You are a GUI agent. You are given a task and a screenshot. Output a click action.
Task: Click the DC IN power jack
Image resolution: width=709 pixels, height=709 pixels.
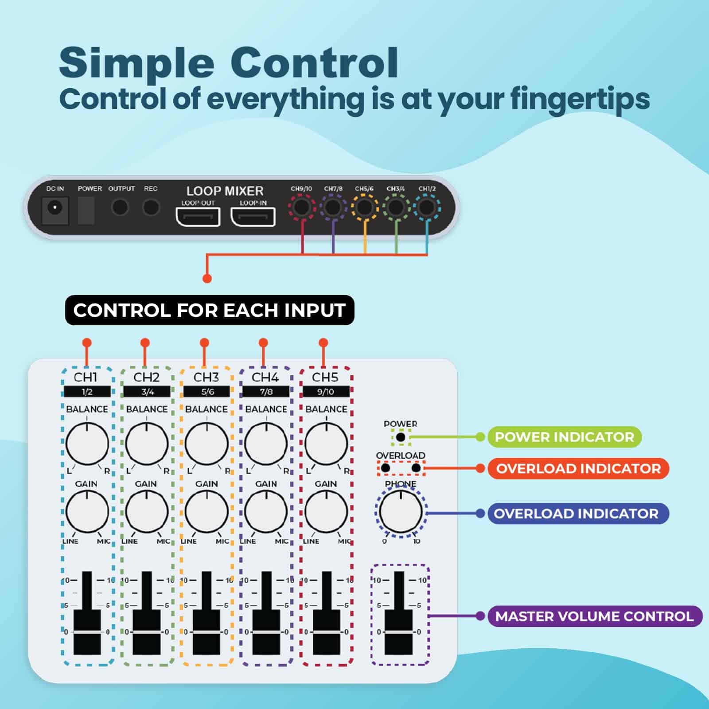tap(55, 208)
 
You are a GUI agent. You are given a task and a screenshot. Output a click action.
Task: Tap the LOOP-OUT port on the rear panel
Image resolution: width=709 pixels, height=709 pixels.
tap(198, 217)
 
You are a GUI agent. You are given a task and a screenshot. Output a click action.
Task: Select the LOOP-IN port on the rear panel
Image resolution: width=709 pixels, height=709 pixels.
tap(253, 217)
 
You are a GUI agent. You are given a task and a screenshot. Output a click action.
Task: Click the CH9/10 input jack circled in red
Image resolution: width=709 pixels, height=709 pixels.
tap(302, 207)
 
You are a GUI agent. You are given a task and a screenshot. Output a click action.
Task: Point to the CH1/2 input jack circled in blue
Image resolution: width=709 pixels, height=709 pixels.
tap(427, 207)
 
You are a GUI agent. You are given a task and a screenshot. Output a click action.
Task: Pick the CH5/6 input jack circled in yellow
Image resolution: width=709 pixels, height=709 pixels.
tap(365, 207)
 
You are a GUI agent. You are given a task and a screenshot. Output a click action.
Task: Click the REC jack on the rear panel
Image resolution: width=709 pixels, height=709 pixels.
tap(151, 207)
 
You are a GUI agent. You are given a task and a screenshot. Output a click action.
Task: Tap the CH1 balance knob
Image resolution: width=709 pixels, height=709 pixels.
tap(87, 444)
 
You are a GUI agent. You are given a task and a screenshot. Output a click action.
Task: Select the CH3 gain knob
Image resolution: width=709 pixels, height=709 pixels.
tap(206, 511)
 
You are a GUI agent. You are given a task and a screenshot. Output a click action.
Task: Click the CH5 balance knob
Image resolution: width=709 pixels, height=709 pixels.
tap(327, 444)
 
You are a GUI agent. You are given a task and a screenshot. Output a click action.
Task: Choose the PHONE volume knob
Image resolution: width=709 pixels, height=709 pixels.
tap(401, 512)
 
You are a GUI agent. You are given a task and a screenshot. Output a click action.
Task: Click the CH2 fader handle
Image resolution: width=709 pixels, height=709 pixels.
tap(147, 631)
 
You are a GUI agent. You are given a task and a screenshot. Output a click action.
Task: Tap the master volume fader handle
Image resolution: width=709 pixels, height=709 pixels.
tap(399, 631)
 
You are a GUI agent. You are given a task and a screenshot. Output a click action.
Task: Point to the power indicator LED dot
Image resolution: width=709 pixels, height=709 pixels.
tap(401, 437)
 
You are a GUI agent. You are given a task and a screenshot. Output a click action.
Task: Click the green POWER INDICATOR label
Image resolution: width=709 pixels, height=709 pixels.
tap(565, 437)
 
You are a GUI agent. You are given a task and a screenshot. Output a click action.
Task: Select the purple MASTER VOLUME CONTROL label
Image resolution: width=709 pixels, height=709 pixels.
tap(594, 616)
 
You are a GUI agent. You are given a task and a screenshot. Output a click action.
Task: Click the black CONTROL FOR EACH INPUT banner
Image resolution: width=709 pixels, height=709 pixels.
tap(210, 310)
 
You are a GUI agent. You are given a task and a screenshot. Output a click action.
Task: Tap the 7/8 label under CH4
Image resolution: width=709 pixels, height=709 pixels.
tap(266, 392)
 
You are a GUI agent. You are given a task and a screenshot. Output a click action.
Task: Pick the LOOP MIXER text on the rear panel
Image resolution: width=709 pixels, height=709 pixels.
tap(225, 191)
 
